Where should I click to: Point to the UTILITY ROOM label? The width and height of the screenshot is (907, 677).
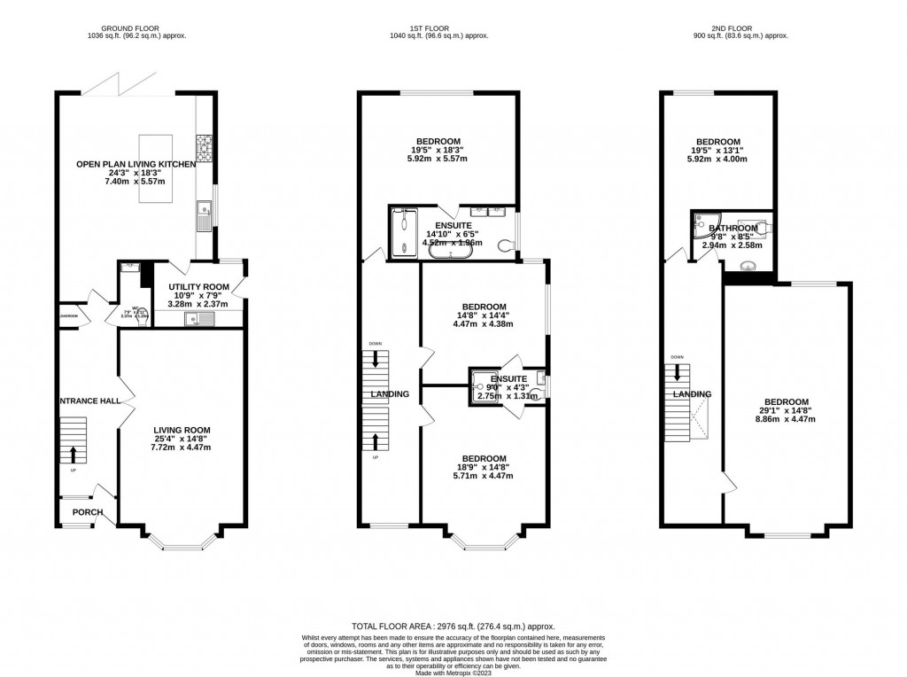point(192,286)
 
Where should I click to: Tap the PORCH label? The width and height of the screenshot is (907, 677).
point(88,512)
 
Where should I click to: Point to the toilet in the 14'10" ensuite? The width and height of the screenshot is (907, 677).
point(506,246)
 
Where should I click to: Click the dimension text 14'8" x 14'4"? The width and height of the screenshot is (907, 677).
point(483,314)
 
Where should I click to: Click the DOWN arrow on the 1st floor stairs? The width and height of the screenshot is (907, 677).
point(376,359)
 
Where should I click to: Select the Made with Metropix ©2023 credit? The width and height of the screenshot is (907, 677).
point(453,671)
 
